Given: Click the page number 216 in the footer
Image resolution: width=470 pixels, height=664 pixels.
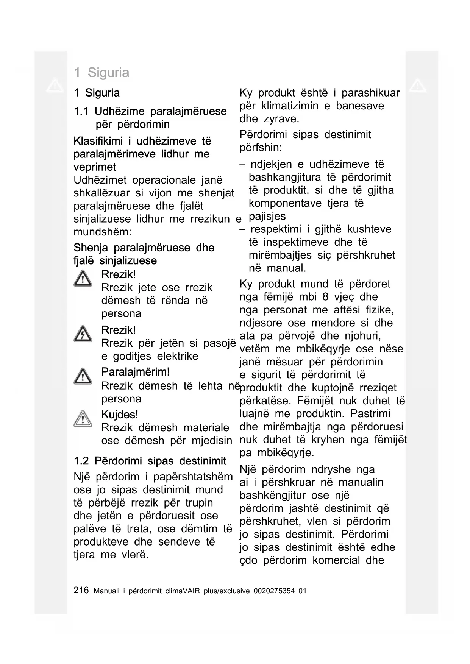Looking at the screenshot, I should pos(81,590).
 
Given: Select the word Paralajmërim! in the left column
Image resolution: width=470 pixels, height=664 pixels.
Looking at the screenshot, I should pos(135,372).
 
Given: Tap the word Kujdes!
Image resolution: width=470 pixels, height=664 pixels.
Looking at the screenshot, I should pos(120,415).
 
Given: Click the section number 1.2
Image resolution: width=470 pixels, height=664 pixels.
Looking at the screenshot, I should pos(81,461).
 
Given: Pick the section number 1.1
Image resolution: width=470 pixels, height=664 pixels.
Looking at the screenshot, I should pos(81,111).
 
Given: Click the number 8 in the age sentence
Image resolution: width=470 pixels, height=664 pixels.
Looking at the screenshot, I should pos(325,297).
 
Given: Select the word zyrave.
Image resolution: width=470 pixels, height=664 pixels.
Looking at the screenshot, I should pos(281,119).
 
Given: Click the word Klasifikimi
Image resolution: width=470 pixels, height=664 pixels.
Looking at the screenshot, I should pos(98,141).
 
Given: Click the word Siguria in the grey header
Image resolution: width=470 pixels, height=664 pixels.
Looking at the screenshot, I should pos(108,72).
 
